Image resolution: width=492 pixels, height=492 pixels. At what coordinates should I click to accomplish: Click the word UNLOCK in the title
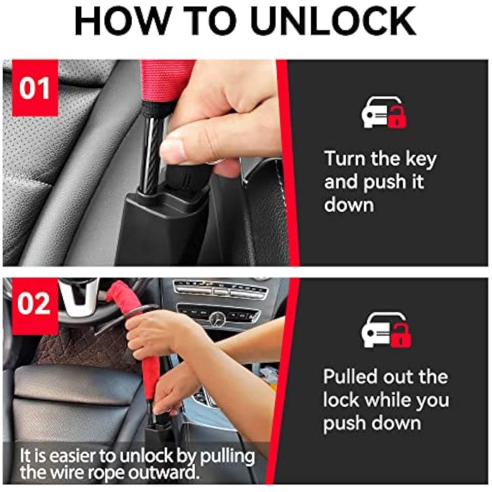coord(333,22)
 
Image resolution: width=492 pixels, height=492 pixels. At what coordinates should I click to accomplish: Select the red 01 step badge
coord(35,88)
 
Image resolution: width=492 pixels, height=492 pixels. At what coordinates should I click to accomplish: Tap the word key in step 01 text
coord(421,159)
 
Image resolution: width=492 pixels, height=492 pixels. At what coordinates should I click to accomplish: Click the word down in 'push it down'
coord(349,205)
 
